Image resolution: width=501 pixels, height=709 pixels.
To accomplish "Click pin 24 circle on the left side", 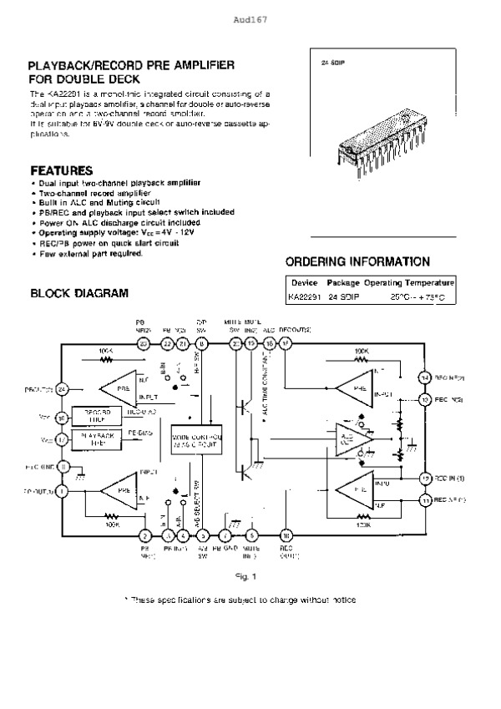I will (x=62, y=388).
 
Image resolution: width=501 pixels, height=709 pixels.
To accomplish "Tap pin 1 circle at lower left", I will (x=62, y=491).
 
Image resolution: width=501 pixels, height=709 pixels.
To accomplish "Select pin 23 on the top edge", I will (x=144, y=343).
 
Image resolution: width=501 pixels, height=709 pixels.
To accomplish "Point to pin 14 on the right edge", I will (x=425, y=377).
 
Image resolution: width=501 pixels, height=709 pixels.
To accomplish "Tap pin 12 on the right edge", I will (x=425, y=478).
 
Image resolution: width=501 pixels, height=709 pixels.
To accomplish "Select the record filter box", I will (x=99, y=415).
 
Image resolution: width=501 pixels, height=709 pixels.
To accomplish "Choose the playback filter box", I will (x=99, y=437).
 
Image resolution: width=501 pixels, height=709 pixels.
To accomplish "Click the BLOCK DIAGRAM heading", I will (x=78, y=293).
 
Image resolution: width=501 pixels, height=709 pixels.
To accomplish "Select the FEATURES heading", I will (x=61, y=169).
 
